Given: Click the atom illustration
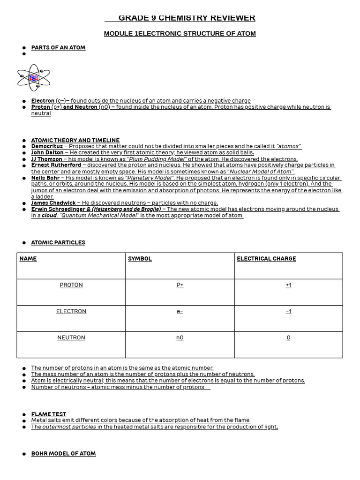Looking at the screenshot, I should tap(34, 78).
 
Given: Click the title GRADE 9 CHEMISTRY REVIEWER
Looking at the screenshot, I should tap(187, 18).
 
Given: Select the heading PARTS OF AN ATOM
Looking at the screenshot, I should tap(58, 48).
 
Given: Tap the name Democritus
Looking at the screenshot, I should tap(47, 146).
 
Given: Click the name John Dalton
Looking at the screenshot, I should tap(47, 152).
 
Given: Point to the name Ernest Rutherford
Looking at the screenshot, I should tap(56, 165).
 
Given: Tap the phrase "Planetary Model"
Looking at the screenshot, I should tap(150, 178).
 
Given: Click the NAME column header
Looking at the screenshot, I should tap(28, 259).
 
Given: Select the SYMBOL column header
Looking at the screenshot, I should tap(140, 259).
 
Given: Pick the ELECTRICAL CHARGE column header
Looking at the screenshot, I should tap(266, 259).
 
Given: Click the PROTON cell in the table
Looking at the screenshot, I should tap(71, 285).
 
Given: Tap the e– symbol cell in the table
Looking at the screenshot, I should tap(180, 311).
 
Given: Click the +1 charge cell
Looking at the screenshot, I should tap(288, 285).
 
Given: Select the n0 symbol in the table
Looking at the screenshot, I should tap(180, 337).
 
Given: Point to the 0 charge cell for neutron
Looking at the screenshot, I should tap(288, 337).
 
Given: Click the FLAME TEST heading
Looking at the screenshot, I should tap(49, 414).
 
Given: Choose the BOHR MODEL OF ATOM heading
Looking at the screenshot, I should tap(63, 454).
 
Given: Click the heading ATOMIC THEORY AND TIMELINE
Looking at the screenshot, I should tap(75, 140).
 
